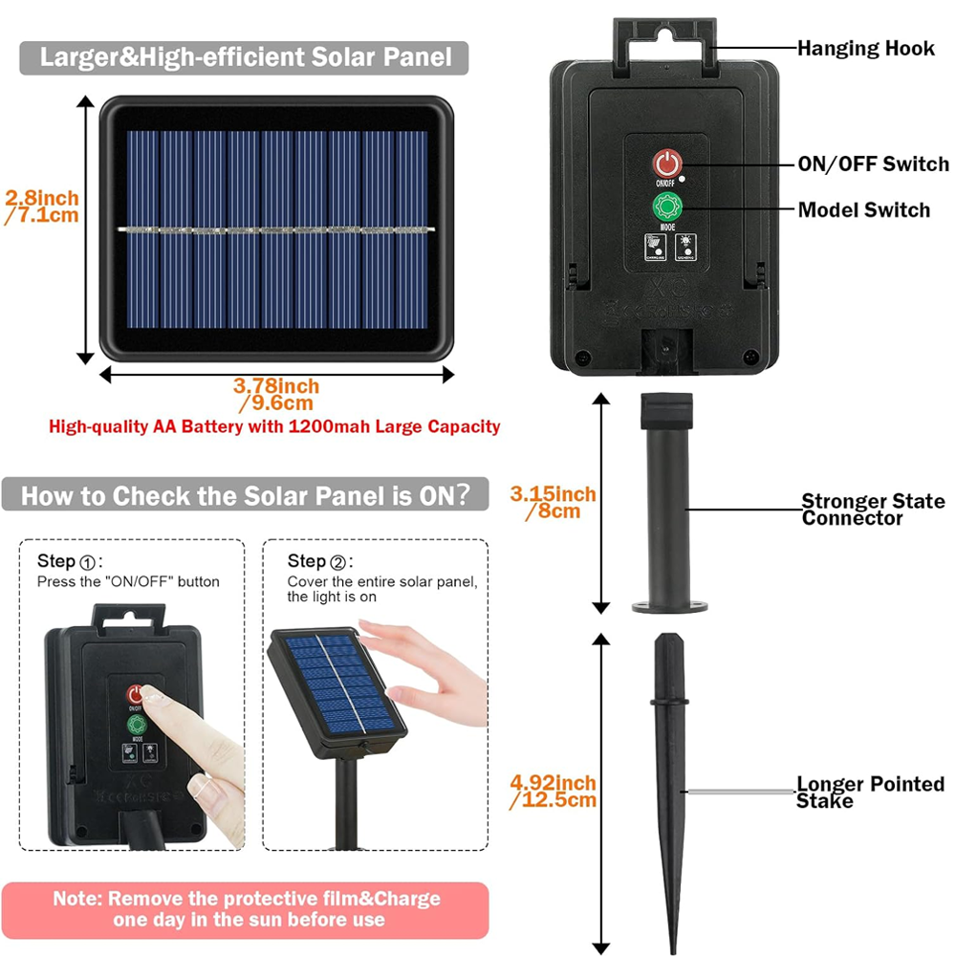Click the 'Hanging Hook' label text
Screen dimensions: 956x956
865,48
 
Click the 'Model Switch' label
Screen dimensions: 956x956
863,209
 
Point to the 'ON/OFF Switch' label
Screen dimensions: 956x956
873,163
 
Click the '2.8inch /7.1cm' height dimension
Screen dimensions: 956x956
42,206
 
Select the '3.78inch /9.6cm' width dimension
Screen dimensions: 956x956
276,395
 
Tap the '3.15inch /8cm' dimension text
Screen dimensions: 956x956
553,503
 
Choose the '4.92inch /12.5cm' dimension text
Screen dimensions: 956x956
553,792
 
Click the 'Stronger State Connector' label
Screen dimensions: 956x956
872,510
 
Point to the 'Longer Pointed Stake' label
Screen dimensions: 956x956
870,793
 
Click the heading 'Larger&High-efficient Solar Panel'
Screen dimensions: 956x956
245,57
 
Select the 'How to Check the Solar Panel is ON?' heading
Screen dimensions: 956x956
245,496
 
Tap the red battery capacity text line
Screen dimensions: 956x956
274,426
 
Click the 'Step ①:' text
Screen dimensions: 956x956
70,561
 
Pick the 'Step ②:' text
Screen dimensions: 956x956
320,561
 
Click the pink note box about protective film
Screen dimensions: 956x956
246,908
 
